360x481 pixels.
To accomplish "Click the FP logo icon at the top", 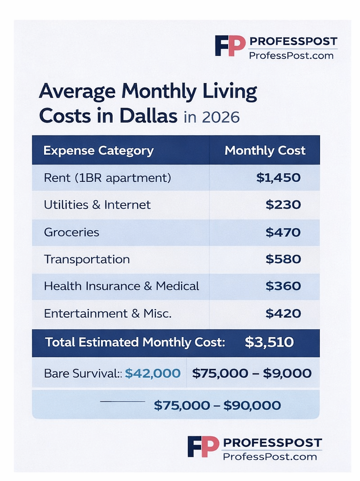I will tap(230, 46).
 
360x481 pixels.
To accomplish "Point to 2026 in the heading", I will tap(220, 116).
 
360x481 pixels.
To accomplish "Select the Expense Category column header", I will tap(98, 150).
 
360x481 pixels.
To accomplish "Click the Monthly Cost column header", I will tap(265, 150).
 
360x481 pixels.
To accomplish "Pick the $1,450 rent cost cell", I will tap(278, 178).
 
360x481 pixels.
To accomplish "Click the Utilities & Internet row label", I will tap(97, 205).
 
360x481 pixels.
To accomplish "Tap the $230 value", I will tap(283, 205).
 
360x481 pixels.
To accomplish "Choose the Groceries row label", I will tap(71, 232).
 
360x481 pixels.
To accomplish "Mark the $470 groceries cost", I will tap(283, 232).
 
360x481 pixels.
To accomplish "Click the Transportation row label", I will tap(86, 259).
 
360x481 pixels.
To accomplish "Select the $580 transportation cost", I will tap(283, 259).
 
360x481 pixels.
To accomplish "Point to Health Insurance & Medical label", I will tap(121, 286).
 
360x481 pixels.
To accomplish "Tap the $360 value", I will tap(283, 286).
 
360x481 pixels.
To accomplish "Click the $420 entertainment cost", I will tap(283, 313).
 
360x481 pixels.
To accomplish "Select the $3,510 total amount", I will tap(269, 342).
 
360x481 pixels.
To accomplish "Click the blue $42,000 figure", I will tap(153, 373).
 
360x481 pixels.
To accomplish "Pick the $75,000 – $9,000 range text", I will tap(252, 373).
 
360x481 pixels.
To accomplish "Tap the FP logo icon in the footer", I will tap(203, 446).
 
